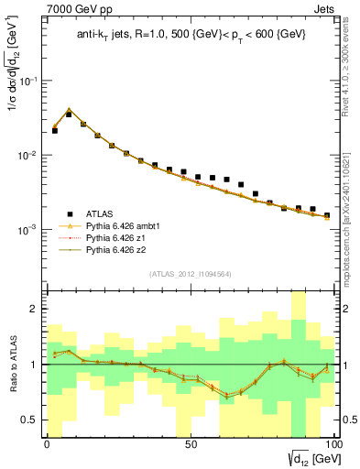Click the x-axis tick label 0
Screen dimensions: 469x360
tap(48, 442)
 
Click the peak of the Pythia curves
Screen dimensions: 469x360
tap(69, 109)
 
